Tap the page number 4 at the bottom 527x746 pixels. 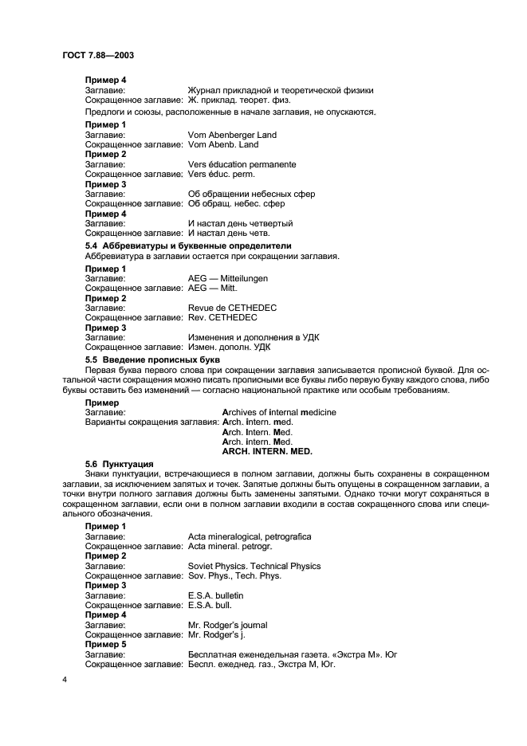[65, 680]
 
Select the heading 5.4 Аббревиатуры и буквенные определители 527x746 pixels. [188, 245]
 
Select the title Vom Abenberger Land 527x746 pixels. [231, 135]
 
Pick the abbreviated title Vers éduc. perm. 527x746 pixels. [226, 174]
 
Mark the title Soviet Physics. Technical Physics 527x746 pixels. [254, 566]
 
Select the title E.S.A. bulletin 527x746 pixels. [215, 595]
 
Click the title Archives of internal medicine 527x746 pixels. [279, 412]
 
